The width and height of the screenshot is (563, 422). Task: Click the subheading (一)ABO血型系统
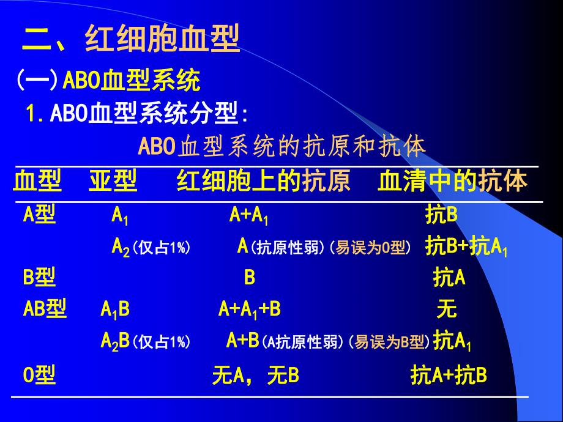[x=108, y=80]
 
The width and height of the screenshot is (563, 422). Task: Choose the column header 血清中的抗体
[x=453, y=182]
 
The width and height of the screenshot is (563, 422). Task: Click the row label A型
[x=40, y=215]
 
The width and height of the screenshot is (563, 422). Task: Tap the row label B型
[x=40, y=278]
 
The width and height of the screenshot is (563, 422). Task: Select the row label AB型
[x=45, y=309]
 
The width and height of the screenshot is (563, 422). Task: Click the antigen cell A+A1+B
[x=250, y=309]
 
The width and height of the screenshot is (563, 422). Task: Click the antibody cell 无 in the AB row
[x=447, y=309]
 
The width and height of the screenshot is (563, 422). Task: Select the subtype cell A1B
[x=115, y=309]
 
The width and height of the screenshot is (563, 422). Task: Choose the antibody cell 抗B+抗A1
[x=466, y=247]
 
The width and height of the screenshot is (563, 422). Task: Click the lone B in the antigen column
[x=250, y=278]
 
